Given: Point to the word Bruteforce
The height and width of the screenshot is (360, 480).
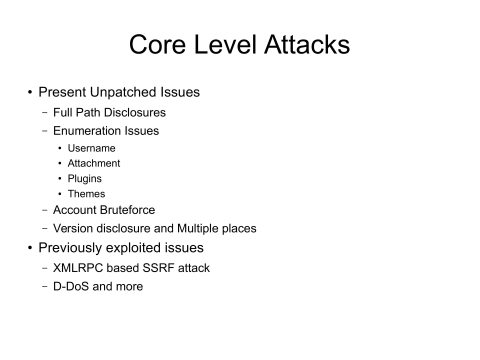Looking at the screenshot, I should tap(138, 210).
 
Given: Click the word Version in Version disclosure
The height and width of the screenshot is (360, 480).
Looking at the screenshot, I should tap(75, 228).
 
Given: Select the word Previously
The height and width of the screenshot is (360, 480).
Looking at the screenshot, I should tap(74, 247).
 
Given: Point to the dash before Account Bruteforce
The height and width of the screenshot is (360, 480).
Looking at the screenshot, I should tap(44, 210).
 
